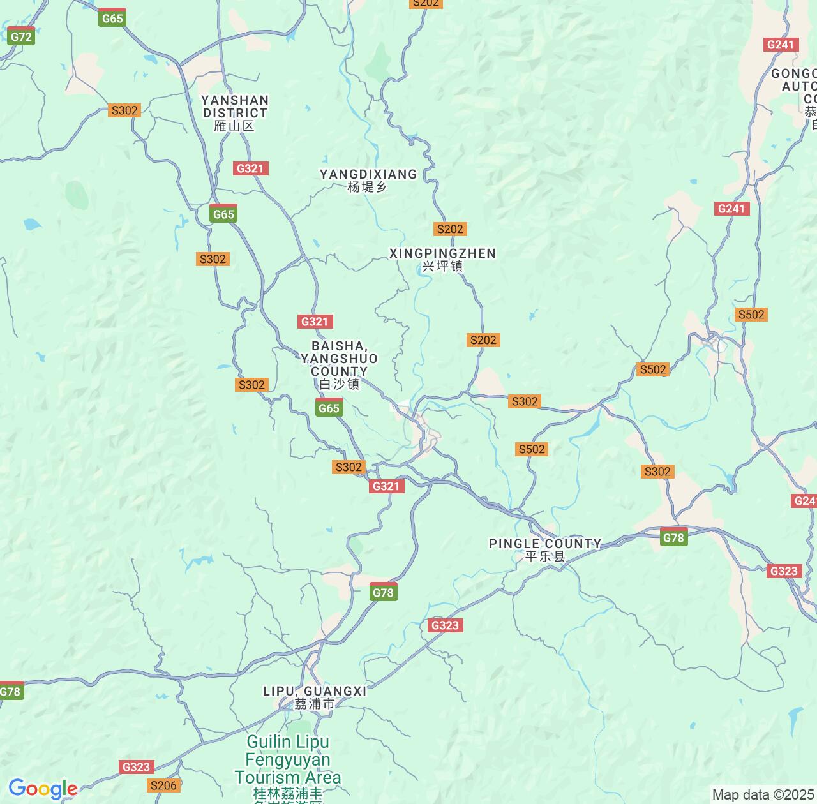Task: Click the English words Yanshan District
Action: point(235,107)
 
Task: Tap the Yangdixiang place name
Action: point(368,174)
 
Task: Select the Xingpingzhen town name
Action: point(442,253)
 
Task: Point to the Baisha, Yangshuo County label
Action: point(339,359)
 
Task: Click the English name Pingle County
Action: point(545,544)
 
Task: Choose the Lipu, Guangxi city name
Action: point(315,691)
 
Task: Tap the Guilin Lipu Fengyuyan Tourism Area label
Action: point(287,759)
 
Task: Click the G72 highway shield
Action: point(21,36)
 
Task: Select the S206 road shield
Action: point(163,785)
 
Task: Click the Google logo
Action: point(43,789)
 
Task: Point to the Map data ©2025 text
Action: point(763,795)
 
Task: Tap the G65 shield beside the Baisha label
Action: point(329,408)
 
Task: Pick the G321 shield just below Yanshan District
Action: point(250,168)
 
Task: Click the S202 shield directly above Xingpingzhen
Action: point(450,229)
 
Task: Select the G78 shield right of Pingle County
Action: point(673,537)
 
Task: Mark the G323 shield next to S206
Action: point(136,767)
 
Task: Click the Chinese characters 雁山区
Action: point(234,126)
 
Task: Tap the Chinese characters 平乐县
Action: point(545,556)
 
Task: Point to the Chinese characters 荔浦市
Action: point(315,704)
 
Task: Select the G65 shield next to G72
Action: point(112,19)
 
